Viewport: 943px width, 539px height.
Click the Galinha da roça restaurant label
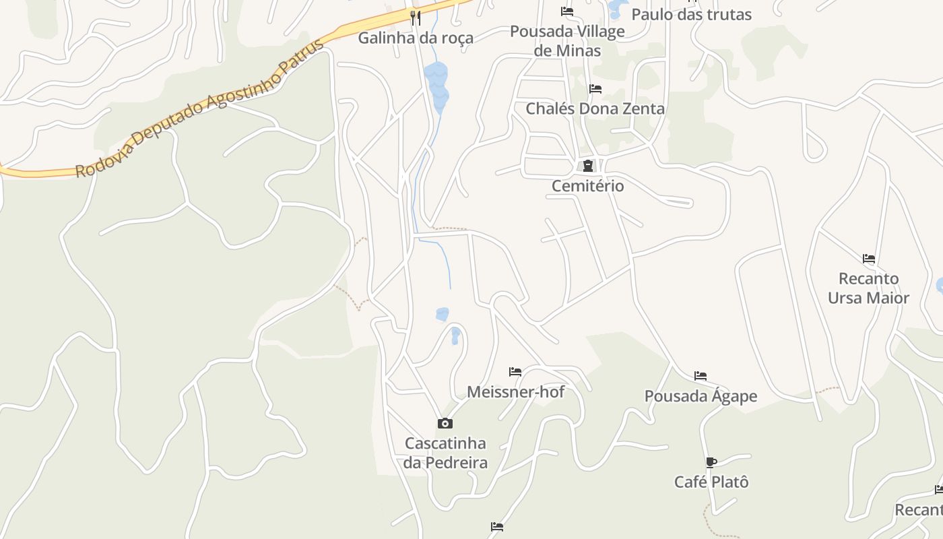(416, 38)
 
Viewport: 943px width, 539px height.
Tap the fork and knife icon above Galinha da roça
(416, 18)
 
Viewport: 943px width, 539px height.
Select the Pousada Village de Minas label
(567, 40)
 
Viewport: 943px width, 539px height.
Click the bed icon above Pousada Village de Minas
(567, 11)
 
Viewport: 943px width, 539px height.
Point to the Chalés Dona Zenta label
(595, 108)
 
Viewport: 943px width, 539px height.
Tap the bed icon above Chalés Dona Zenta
(595, 88)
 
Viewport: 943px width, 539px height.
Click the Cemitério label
(588, 186)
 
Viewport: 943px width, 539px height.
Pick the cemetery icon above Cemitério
(588, 166)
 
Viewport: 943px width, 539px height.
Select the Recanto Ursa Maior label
(869, 288)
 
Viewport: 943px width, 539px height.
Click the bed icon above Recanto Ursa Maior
(869, 258)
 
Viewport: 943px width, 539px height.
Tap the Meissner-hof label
(516, 391)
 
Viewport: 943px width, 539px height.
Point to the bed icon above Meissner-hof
(515, 371)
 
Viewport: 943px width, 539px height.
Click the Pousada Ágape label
(701, 396)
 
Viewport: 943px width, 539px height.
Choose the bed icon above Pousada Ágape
(701, 376)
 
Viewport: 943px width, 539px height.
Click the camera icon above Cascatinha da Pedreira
(445, 423)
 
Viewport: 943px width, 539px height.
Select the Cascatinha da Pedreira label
(446, 453)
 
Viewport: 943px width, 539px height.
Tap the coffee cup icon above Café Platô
(711, 462)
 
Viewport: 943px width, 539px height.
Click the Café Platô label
(711, 482)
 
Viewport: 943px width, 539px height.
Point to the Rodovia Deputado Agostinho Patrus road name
(199, 109)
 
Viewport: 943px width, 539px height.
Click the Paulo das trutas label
(691, 14)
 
